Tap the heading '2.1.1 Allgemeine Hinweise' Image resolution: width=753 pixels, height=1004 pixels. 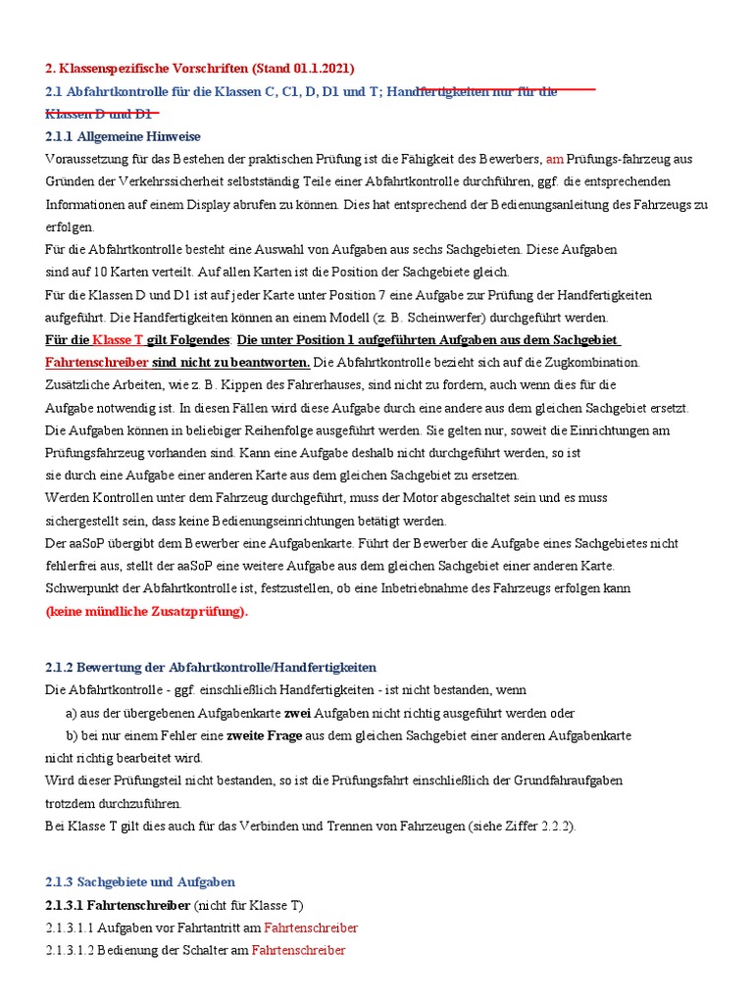123,136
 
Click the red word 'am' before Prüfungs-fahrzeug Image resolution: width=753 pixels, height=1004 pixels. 555,159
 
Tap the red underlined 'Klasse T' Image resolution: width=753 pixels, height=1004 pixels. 118,340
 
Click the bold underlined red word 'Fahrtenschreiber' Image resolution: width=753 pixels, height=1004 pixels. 97,363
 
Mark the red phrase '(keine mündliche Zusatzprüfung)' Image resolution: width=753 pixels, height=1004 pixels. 147,611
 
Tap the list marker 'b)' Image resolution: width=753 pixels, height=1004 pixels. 72,735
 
